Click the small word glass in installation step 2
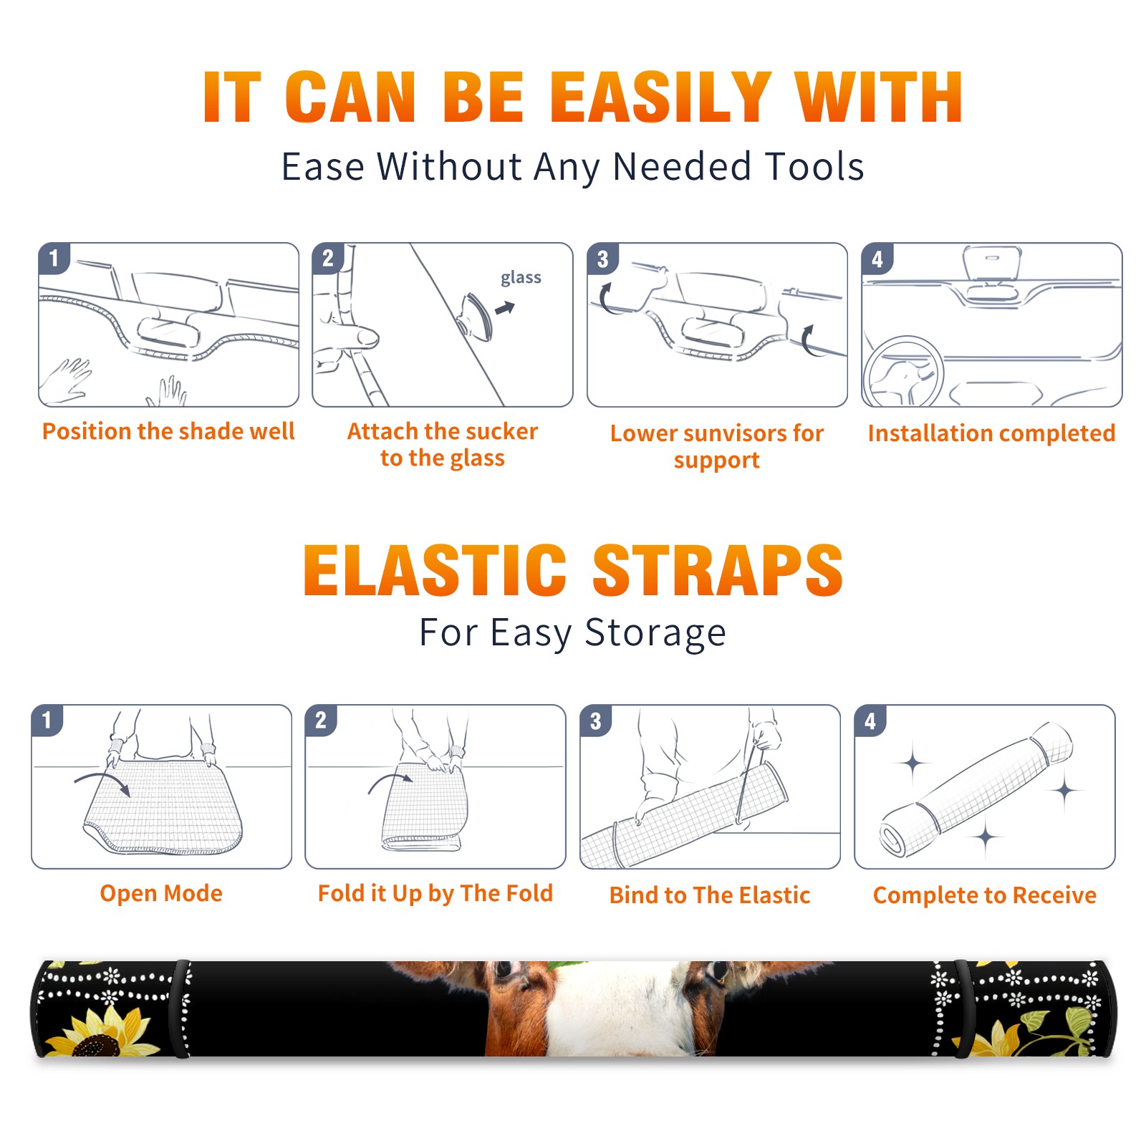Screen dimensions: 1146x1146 pos(521,278)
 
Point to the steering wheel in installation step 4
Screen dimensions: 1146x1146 pos(903,372)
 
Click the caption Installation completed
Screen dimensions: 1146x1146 pos(991,433)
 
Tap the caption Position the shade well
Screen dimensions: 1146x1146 pos(168,431)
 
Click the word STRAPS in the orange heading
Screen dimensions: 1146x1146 pos(718,570)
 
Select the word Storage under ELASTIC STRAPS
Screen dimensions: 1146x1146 pos(655,634)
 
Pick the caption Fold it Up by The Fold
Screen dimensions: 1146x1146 pos(435,894)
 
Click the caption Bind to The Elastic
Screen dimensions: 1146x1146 pos(710,895)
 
